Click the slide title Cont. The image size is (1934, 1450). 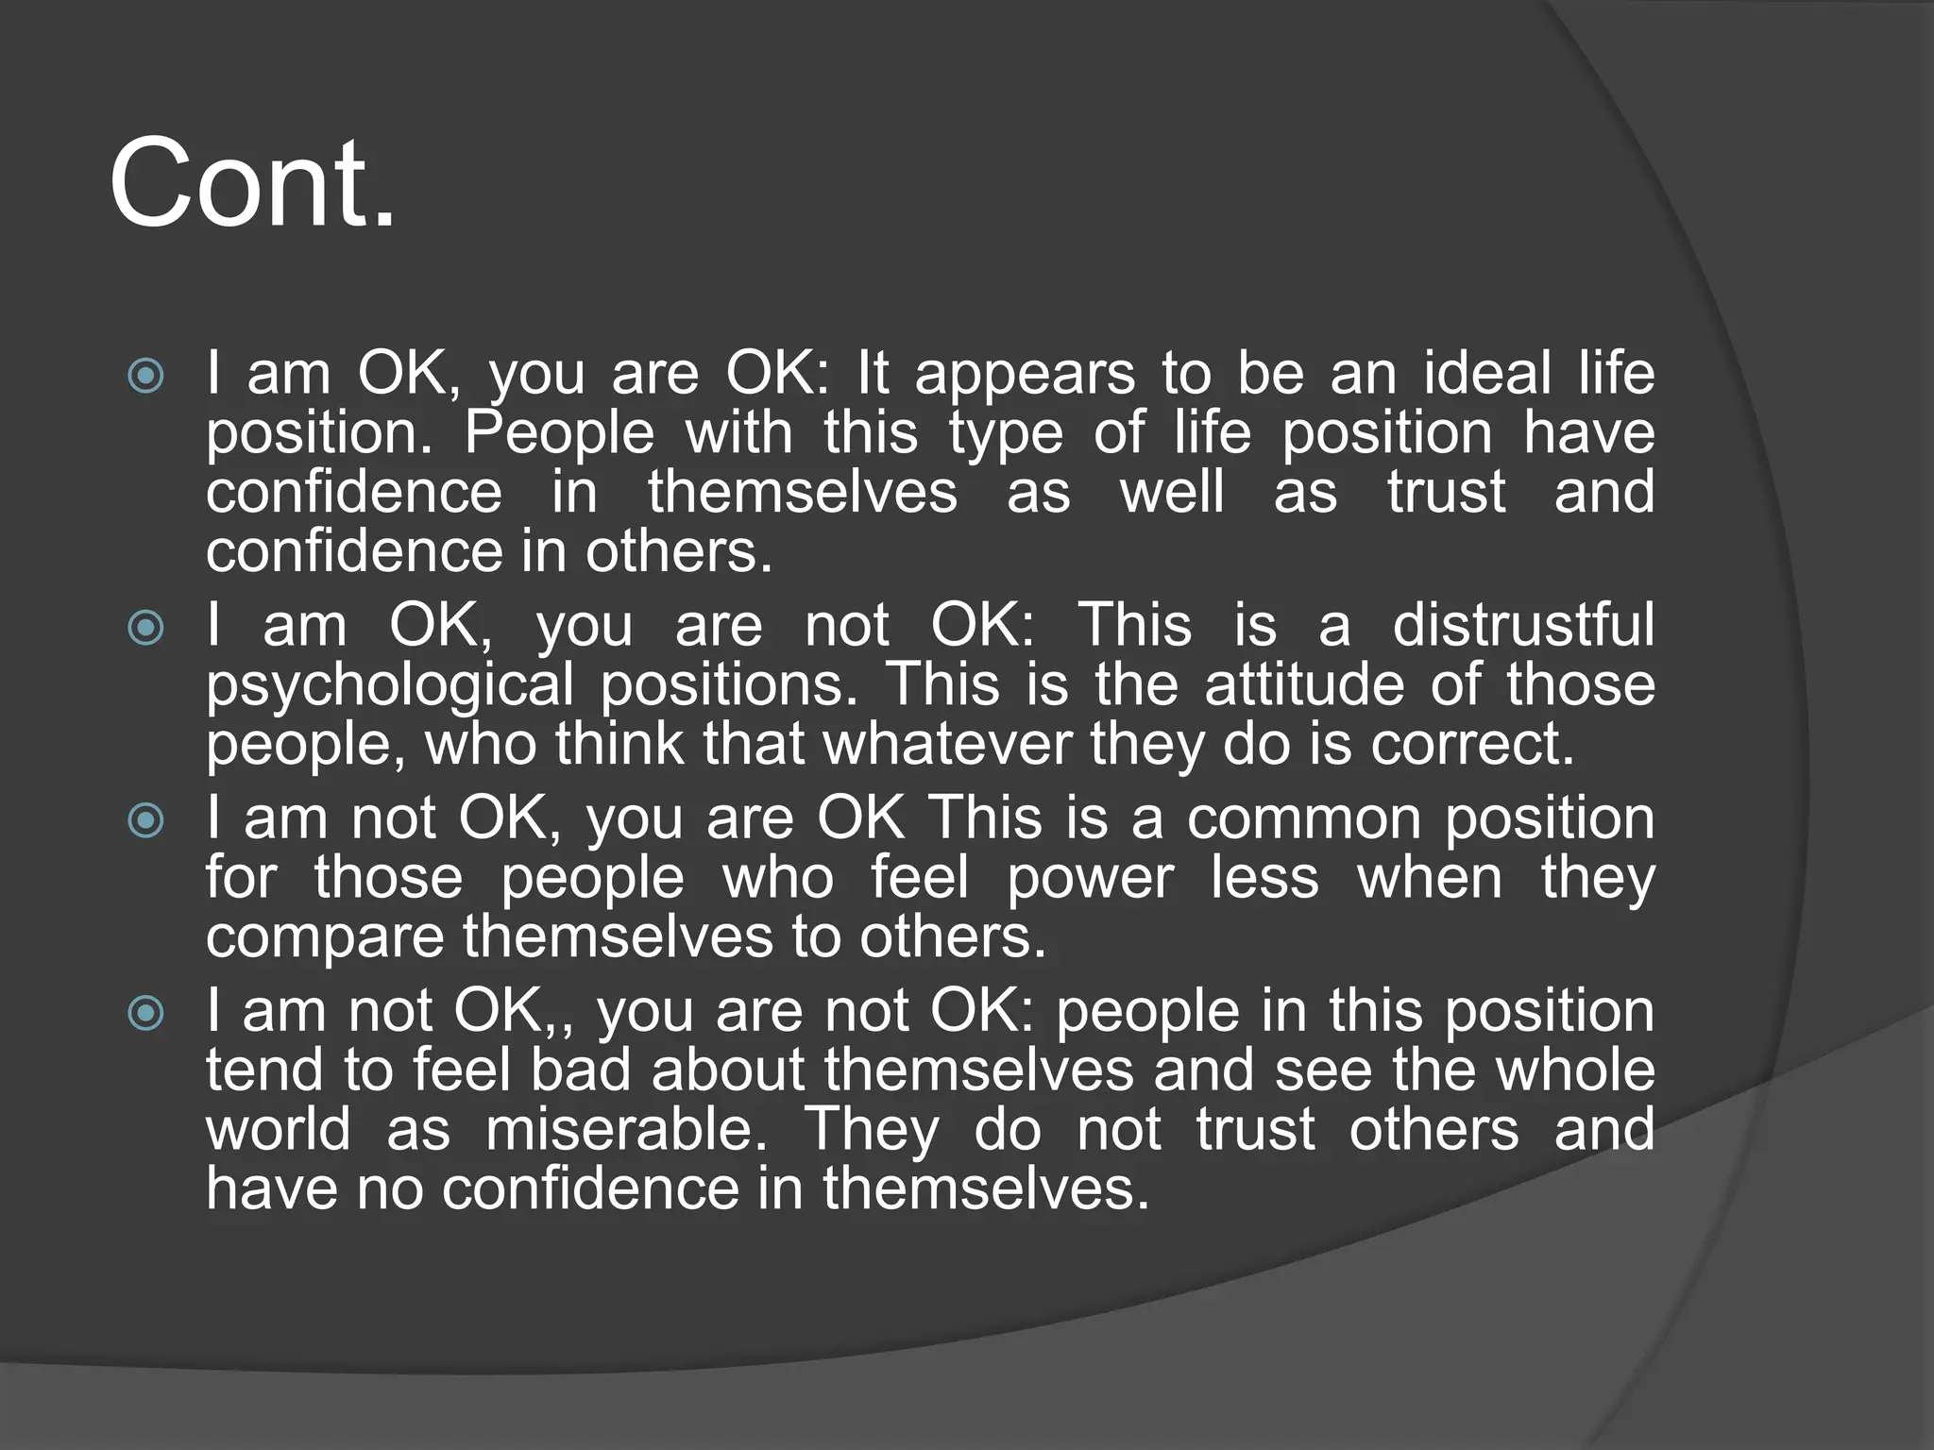coord(252,183)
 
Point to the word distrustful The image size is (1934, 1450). coord(1523,625)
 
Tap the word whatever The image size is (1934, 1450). coord(947,744)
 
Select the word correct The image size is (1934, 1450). coord(1472,745)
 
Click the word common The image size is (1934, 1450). coord(1303,818)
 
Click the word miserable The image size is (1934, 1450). coord(626,1129)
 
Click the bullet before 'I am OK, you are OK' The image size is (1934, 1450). coord(145,376)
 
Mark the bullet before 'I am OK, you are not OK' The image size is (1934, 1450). coord(145,627)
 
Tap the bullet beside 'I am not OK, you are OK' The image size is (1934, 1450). coord(145,819)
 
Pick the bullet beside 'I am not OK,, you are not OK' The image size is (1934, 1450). coord(145,1013)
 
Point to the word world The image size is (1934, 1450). coord(278,1129)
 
